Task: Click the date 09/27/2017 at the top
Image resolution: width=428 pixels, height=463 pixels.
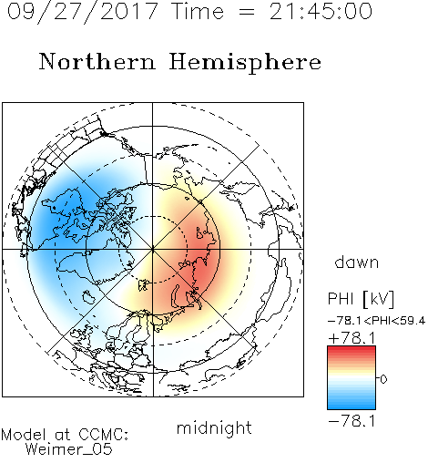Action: point(83,12)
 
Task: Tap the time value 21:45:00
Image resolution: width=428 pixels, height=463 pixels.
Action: point(321,11)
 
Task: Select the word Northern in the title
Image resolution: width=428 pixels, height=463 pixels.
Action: point(97,61)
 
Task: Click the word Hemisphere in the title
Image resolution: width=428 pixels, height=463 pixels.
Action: point(245,63)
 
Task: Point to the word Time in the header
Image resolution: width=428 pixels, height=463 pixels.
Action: point(198,11)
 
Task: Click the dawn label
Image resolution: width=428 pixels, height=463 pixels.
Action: point(357,262)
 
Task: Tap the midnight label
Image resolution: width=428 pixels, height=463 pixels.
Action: point(214,427)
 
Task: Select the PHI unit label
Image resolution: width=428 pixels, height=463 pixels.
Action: point(341,299)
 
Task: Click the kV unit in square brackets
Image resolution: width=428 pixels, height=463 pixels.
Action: point(379,299)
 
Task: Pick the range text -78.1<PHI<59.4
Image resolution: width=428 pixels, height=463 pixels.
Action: point(376,321)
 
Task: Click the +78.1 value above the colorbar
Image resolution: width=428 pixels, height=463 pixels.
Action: point(352,338)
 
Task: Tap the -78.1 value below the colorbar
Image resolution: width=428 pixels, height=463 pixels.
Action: point(352,421)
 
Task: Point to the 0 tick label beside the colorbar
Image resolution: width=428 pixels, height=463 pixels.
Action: point(383,379)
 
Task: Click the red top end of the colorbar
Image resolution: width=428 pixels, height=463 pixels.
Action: point(352,348)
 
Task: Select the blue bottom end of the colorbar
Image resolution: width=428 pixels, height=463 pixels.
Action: point(352,406)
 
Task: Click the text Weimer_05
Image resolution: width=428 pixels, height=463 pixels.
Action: point(69,449)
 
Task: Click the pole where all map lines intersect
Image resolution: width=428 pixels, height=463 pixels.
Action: point(153,249)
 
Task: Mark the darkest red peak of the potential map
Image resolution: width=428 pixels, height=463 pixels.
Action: point(204,262)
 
